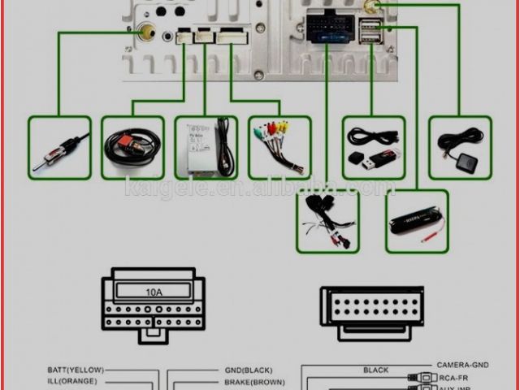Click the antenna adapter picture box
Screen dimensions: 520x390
[x=58, y=147]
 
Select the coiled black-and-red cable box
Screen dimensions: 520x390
[x=132, y=147]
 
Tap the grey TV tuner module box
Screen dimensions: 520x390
[x=206, y=147]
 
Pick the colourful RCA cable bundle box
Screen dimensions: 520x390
[x=279, y=147]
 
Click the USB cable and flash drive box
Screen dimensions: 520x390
[x=373, y=147]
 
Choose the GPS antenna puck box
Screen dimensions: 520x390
[x=460, y=147]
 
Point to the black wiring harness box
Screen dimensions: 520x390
[x=328, y=221]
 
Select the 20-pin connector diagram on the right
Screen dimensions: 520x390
[x=371, y=312]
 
